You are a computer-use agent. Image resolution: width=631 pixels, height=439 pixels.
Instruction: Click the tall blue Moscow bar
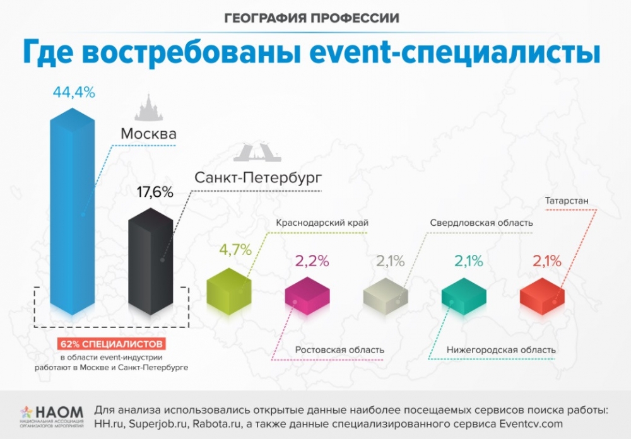tap(73, 211)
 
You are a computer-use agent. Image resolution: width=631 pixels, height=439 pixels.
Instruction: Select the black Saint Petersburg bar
tap(151, 262)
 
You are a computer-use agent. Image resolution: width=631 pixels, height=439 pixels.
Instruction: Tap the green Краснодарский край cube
tap(229, 291)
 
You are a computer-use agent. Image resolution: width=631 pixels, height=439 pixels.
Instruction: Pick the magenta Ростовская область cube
tap(307, 296)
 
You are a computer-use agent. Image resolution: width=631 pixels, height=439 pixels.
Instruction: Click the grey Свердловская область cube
tap(386, 296)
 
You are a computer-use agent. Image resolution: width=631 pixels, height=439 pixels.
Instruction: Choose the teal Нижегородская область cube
tap(464, 296)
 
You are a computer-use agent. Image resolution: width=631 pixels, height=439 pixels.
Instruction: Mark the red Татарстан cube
tap(542, 296)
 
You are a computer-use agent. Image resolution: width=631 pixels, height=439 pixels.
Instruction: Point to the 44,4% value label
tap(74, 93)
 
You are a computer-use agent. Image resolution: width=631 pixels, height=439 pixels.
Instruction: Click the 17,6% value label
tap(155, 192)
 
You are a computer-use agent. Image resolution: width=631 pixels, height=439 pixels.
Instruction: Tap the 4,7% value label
tap(235, 250)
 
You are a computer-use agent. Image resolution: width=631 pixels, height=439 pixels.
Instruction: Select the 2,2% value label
tap(312, 261)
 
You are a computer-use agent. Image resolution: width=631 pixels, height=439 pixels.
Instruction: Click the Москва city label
tap(148, 134)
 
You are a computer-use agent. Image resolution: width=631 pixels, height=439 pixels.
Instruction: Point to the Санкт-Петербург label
tap(258, 177)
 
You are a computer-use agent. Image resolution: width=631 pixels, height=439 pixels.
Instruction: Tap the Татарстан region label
tap(567, 201)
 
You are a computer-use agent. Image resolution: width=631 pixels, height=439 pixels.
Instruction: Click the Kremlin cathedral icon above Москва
tap(149, 107)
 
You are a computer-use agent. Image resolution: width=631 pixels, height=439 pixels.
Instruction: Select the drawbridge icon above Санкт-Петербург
tap(257, 153)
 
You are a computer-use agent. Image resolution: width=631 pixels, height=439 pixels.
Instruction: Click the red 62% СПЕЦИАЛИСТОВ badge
tap(112, 344)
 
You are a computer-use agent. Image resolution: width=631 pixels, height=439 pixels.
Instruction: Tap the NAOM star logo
tap(27, 413)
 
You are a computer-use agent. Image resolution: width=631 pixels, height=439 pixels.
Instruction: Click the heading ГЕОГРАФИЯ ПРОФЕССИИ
tap(312, 18)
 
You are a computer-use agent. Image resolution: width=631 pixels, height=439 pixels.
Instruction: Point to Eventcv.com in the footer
tap(531, 424)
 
